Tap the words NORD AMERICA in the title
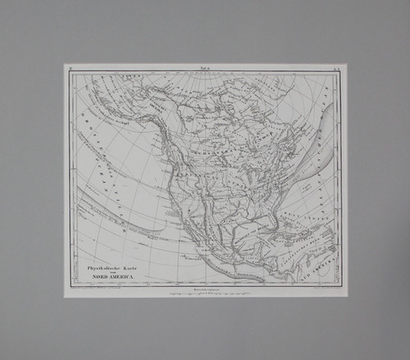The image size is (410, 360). [x=110, y=280]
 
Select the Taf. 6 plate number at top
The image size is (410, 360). [x=205, y=71]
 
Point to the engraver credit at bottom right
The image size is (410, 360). [x=316, y=289]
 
